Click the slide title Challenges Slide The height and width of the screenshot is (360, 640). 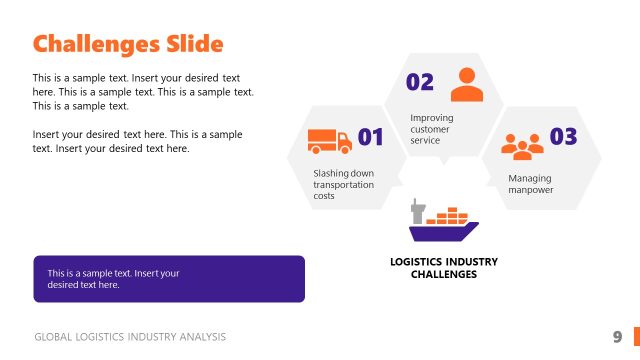[127, 44]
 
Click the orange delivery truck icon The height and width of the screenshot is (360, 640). [329, 141]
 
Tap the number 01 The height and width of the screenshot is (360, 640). [371, 137]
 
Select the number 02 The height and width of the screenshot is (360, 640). [420, 82]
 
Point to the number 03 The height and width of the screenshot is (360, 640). [564, 137]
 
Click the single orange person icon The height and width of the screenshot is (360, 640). [466, 84]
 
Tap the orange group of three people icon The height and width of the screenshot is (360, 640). [522, 146]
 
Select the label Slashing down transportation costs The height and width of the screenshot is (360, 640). [343, 184]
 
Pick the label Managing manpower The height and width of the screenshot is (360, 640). [530, 184]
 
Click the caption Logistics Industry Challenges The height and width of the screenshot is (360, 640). [443, 267]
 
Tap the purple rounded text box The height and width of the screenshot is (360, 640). [168, 279]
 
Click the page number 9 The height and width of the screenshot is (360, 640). [617, 336]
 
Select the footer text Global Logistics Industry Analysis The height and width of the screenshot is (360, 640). [130, 337]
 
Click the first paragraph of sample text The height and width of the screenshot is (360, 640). [142, 91]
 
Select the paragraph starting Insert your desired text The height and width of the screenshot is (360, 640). [137, 141]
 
